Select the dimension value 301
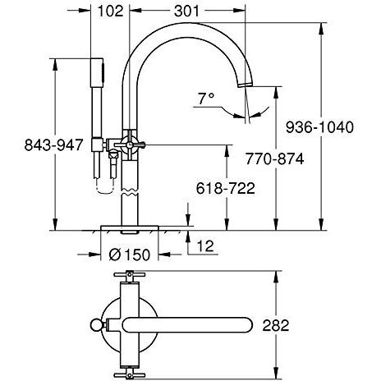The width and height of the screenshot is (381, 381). click(195, 12)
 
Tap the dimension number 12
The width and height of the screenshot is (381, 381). click(208, 244)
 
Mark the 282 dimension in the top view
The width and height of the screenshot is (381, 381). click(278, 325)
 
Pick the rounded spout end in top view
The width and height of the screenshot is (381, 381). click(246, 324)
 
